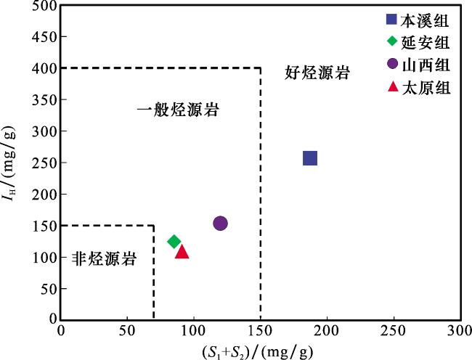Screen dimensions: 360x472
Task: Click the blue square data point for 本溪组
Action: coord(310,158)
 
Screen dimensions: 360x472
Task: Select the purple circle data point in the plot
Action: coord(220,224)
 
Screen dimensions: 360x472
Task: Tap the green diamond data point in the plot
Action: coord(174,242)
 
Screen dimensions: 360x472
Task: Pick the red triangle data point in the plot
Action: coord(182,252)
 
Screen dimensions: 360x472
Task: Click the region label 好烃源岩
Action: coord(317,73)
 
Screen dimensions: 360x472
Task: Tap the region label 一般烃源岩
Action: coord(179,111)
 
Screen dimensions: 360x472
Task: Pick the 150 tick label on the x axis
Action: coord(260,332)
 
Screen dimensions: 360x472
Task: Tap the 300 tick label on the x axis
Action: coord(460,332)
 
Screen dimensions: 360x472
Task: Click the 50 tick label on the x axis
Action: coord(127,332)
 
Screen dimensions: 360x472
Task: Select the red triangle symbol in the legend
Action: coord(393,88)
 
